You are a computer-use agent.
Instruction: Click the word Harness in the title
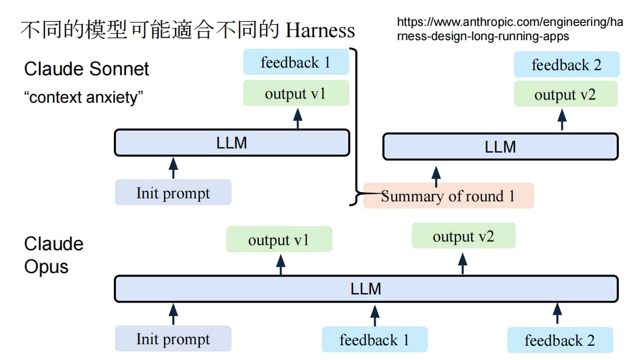coord(320,30)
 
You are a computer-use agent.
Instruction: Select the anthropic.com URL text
coord(510,29)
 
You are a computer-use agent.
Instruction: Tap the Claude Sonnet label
coord(86,69)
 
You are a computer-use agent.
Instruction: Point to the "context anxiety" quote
coord(83,97)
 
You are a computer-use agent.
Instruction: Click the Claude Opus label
coord(54,255)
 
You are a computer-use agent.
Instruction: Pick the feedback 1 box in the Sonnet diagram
coord(296,62)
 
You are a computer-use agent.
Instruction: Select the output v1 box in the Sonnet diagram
coord(296,93)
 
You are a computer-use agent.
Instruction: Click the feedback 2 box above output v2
coord(566,65)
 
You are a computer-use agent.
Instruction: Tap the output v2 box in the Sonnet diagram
coord(565,94)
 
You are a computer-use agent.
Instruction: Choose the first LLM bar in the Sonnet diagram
coord(232,143)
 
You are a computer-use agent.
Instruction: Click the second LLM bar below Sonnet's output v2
coord(500,146)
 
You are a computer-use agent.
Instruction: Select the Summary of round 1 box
coord(448,196)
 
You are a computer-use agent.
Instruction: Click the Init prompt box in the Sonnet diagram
coord(173,192)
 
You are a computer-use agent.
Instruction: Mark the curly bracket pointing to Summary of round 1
coord(356,127)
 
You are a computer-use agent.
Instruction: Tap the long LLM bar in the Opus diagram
coord(366,289)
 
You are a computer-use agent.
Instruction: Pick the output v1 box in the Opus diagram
coord(279,239)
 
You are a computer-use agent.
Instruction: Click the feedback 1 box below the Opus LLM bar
coord(374,339)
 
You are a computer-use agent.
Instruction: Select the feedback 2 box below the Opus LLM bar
coord(560,340)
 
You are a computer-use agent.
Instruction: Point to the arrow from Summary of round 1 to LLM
coord(436,177)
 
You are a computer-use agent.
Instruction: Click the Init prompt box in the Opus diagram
coord(173,339)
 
